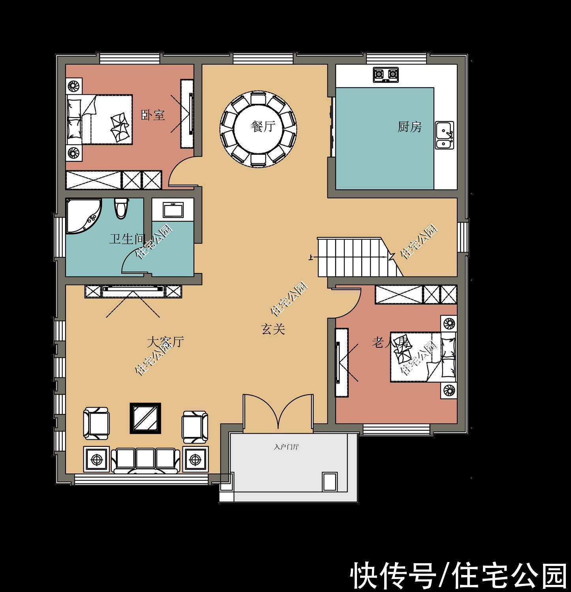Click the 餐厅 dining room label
click(263, 127)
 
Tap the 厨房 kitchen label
click(409, 127)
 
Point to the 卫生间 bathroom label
click(126, 239)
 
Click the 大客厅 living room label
click(165, 341)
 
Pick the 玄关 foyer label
click(273, 329)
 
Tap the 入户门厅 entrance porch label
click(286, 447)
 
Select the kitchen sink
click(445, 135)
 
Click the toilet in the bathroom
click(121, 208)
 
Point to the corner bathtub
click(82, 215)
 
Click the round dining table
click(259, 128)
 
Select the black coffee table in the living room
click(145, 418)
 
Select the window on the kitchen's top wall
click(397, 59)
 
